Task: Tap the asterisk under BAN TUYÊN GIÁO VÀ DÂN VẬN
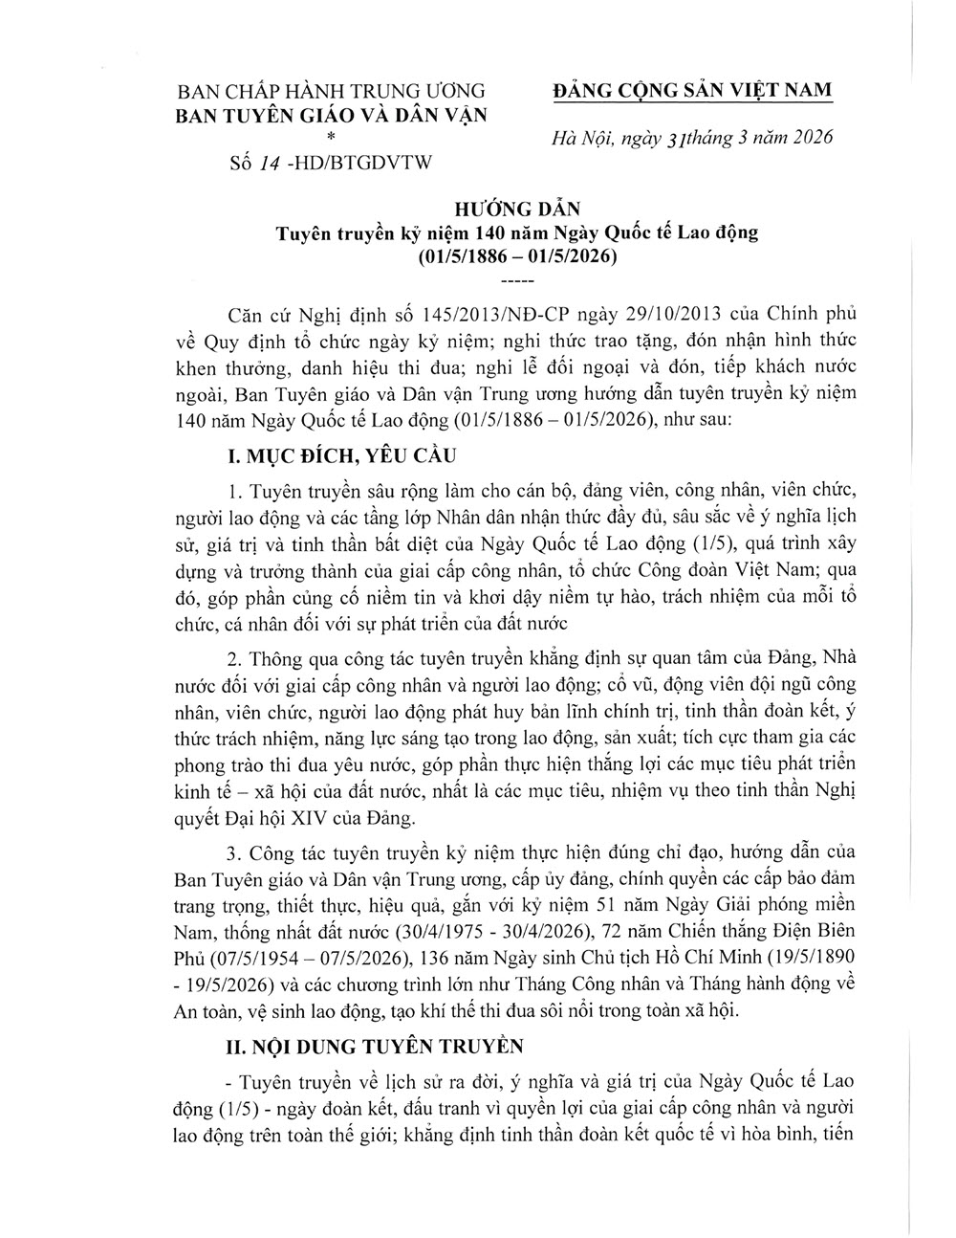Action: [330, 140]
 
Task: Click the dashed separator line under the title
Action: [517, 281]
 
